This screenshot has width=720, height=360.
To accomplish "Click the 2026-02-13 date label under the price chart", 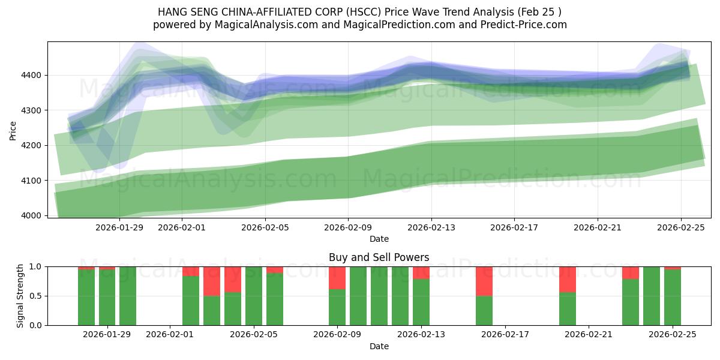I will [x=431, y=228].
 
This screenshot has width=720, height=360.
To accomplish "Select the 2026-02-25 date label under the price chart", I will [x=680, y=228].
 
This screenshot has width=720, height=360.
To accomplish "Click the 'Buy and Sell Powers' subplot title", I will [x=379, y=257].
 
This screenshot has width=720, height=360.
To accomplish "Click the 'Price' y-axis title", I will [x=13, y=130].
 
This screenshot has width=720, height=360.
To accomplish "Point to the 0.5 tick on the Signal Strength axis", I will [x=35, y=296].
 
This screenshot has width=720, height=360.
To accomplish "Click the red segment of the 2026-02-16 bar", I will [x=484, y=281].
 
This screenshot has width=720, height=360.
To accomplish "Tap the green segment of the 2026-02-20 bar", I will [x=568, y=309].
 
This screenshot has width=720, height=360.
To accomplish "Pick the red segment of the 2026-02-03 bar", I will [x=212, y=281].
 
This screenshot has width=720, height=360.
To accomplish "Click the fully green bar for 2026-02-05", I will [x=254, y=296].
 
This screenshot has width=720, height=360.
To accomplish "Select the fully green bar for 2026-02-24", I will [x=652, y=296].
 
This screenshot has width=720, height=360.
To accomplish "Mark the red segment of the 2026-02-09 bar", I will [x=337, y=278].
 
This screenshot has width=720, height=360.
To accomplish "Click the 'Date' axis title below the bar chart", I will [x=379, y=346].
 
